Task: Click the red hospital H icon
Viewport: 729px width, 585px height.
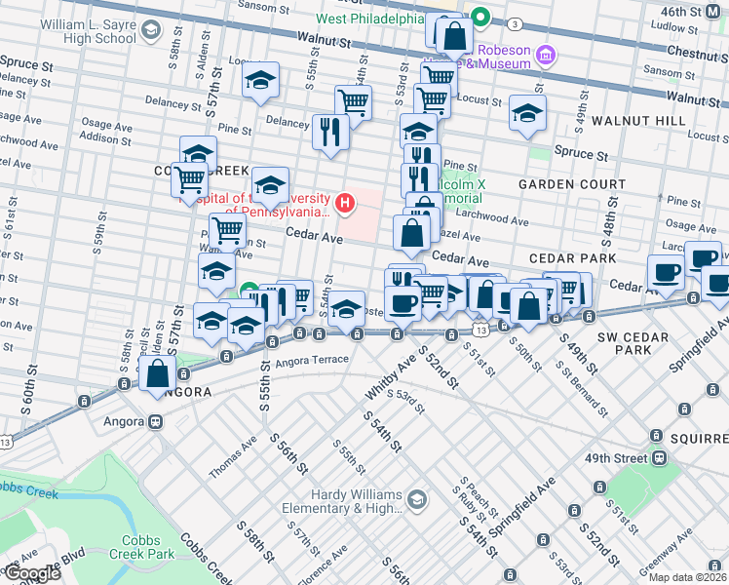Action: pyautogui.click(x=344, y=203)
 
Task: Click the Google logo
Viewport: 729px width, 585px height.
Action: pyautogui.click(x=31, y=573)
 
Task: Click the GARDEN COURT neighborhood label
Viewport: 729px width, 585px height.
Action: pyautogui.click(x=572, y=184)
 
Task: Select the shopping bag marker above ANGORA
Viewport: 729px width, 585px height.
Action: pyautogui.click(x=157, y=374)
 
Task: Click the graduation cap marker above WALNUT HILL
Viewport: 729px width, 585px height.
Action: pyautogui.click(x=527, y=114)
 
